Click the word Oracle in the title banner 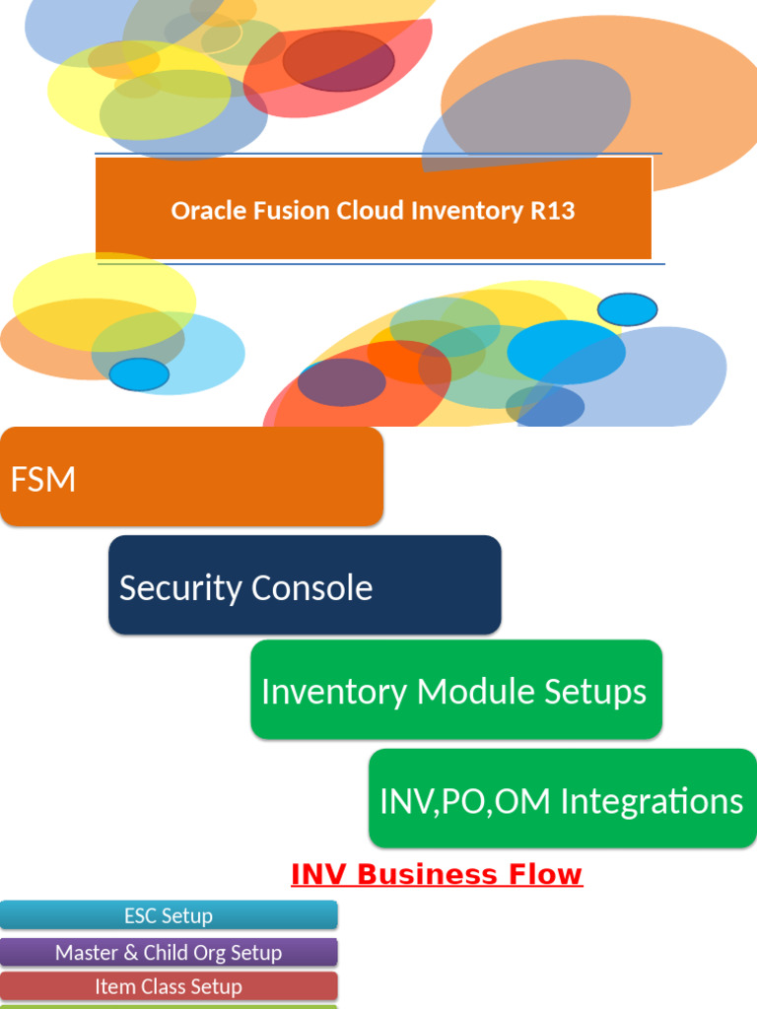click(x=202, y=211)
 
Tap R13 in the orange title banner click(x=551, y=211)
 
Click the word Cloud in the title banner click(x=361, y=211)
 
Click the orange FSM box click(x=191, y=477)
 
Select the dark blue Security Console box click(x=305, y=585)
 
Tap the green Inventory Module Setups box click(x=455, y=690)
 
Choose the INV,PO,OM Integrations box click(x=562, y=798)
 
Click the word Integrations click(x=652, y=801)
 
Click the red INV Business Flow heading click(x=437, y=874)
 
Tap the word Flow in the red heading click(x=547, y=874)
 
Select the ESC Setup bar click(x=169, y=915)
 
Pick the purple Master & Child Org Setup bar click(x=169, y=952)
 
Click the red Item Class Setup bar click(x=169, y=986)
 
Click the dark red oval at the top click(x=338, y=60)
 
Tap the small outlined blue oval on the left click(x=139, y=374)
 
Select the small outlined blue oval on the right click(x=627, y=309)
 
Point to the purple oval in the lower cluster click(x=341, y=382)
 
